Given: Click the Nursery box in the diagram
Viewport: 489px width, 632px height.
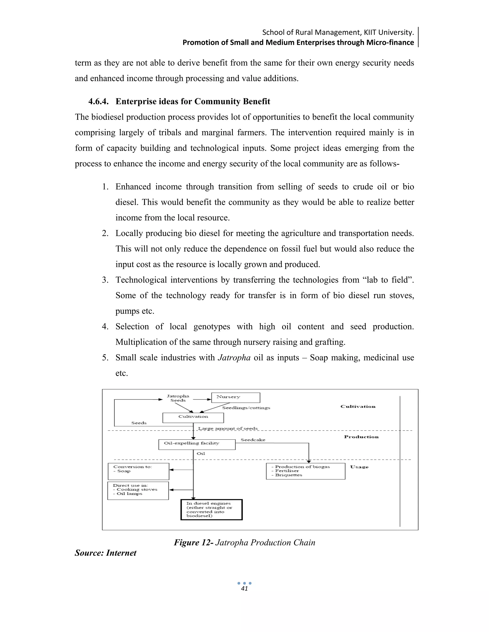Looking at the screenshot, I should (x=235, y=397).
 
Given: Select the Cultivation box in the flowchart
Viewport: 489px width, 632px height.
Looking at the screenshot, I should (x=193, y=417).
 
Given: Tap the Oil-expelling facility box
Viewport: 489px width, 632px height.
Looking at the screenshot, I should (x=197, y=444).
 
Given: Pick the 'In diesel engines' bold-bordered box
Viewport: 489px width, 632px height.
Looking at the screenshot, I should (x=212, y=510).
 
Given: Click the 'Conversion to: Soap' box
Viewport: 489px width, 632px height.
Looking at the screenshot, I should (x=138, y=471).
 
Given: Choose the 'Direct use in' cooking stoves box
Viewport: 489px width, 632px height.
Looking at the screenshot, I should (x=138, y=491).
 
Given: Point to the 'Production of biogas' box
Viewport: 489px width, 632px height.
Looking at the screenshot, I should (x=305, y=471).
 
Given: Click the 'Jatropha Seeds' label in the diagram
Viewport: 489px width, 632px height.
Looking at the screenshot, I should (x=178, y=398).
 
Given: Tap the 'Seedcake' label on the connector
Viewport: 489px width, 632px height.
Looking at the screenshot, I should (x=253, y=440).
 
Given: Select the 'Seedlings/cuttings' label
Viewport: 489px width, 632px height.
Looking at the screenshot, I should (x=246, y=408).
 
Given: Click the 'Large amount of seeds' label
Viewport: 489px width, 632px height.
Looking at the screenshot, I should (x=228, y=428).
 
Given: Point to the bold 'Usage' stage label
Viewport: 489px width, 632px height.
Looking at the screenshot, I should (x=359, y=467).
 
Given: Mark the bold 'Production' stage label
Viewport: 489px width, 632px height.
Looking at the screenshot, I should (x=361, y=437).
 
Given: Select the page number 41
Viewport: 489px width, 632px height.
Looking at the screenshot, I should (x=244, y=589).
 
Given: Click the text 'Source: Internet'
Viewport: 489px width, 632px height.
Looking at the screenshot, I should (x=106, y=553).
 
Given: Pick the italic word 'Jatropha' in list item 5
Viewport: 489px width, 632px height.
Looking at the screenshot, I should (x=234, y=358).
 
